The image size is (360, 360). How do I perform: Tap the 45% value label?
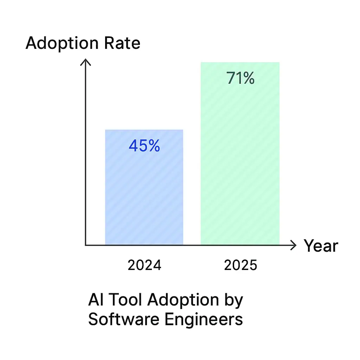[144, 146]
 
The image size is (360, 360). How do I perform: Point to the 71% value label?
[240, 78]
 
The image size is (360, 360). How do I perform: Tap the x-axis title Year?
[321, 246]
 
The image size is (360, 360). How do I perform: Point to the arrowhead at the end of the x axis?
[294, 245]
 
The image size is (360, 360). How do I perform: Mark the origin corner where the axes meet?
[85, 245]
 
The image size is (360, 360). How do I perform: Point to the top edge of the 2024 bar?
[144, 130]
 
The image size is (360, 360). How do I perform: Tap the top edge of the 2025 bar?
[240, 63]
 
